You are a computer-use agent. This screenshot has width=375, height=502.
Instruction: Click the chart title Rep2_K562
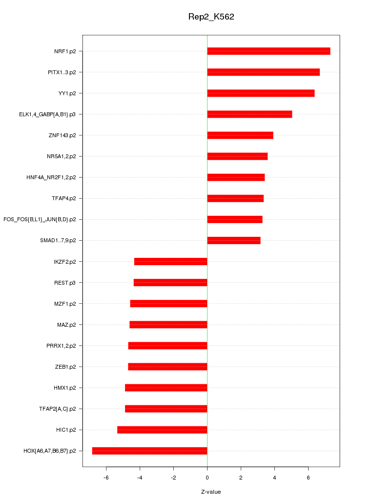[211, 17]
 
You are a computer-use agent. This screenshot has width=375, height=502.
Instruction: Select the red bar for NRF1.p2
[269, 51]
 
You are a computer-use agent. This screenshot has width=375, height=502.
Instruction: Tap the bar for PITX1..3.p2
[263, 72]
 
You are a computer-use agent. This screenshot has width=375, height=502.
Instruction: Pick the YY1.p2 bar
[261, 93]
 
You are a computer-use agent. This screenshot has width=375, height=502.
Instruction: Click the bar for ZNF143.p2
[240, 135]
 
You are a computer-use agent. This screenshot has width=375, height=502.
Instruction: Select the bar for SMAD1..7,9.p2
[234, 240]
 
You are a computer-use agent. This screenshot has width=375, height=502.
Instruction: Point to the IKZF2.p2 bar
[171, 262]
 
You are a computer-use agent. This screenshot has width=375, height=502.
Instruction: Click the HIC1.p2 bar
[162, 430]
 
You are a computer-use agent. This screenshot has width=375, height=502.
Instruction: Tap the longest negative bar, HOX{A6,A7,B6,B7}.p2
[149, 451]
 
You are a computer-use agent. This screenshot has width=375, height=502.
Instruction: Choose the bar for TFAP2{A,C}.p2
[166, 409]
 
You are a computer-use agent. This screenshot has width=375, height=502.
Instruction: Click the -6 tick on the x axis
[106, 477]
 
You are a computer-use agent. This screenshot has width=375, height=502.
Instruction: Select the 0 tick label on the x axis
[207, 477]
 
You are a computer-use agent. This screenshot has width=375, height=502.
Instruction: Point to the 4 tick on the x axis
[274, 477]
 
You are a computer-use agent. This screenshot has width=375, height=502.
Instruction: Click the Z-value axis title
[211, 492]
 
